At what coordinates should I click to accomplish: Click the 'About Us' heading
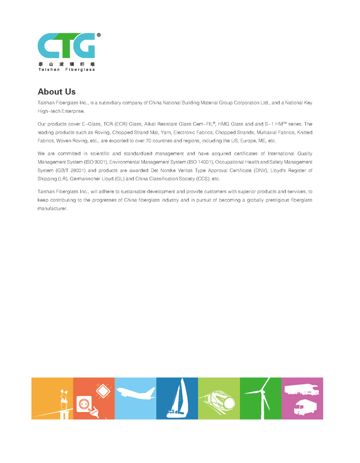56,91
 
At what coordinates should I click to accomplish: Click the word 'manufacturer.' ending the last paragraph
52,208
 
